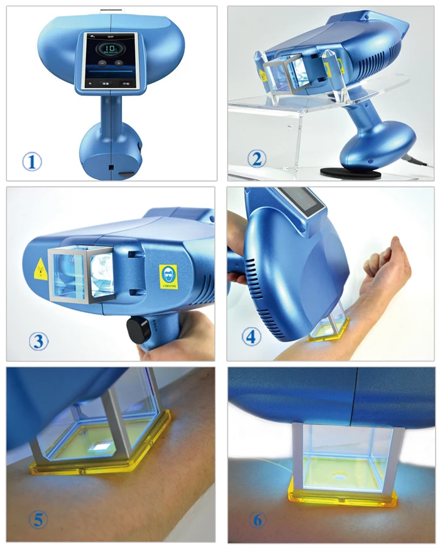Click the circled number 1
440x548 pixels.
(32, 162)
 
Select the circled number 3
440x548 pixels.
(38, 341)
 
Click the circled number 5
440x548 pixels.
(38, 519)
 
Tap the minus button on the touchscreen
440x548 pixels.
(102, 63)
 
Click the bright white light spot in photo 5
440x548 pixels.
(99, 447)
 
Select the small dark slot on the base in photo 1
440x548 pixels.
(111, 168)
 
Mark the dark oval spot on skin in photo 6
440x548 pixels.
(339, 478)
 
